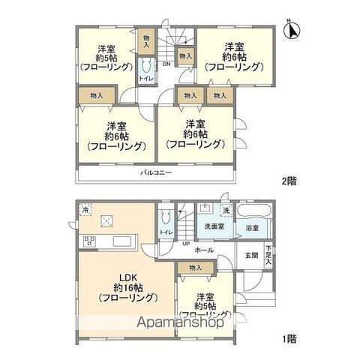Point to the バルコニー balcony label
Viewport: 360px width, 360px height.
tap(156, 173)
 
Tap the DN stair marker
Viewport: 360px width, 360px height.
tap(166, 64)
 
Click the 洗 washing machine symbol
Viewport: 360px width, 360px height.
tap(226, 209)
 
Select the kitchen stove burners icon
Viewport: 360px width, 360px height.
tap(89, 241)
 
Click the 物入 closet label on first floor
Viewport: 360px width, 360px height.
tap(195, 268)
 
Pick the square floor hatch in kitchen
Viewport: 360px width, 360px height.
tap(107, 220)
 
